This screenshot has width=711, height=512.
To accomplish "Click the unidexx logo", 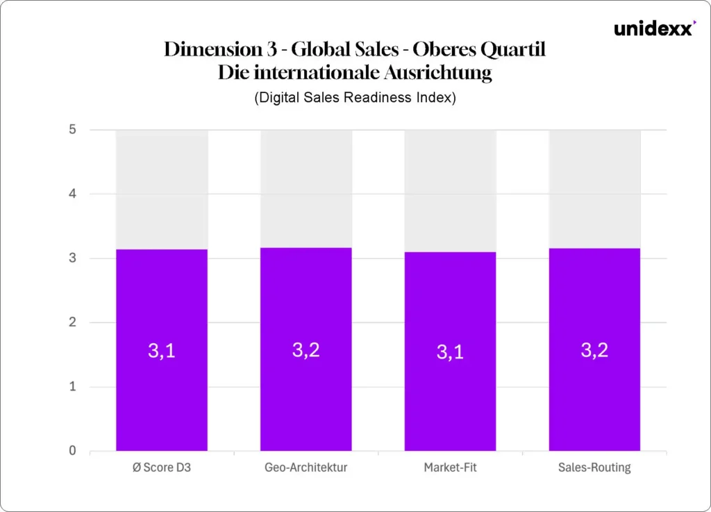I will pyautogui.click(x=653, y=28).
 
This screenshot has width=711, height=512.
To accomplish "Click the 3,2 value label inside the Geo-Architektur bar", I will pyautogui.click(x=306, y=350).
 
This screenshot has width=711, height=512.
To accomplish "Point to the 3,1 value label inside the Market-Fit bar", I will pyautogui.click(x=450, y=352).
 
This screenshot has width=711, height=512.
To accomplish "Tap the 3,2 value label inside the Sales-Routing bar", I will pyautogui.click(x=594, y=350).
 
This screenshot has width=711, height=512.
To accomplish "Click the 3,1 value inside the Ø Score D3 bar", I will pyautogui.click(x=161, y=352).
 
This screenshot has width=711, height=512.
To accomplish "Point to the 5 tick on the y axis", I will pyautogui.click(x=73, y=130).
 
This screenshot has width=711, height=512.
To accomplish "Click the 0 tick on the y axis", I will pyautogui.click(x=73, y=452).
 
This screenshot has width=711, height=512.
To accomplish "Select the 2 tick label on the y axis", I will pyautogui.click(x=73, y=323).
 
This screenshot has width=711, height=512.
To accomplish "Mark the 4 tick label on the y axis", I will pyautogui.click(x=73, y=194).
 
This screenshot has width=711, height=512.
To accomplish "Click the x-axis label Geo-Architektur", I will pyautogui.click(x=306, y=468).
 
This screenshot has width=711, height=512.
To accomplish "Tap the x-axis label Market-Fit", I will pyautogui.click(x=450, y=468).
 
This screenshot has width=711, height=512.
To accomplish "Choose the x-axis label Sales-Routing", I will pyautogui.click(x=594, y=468).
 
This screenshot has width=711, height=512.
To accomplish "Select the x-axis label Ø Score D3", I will pyautogui.click(x=161, y=468).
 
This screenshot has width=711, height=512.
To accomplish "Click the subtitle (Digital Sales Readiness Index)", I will pyautogui.click(x=355, y=98).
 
